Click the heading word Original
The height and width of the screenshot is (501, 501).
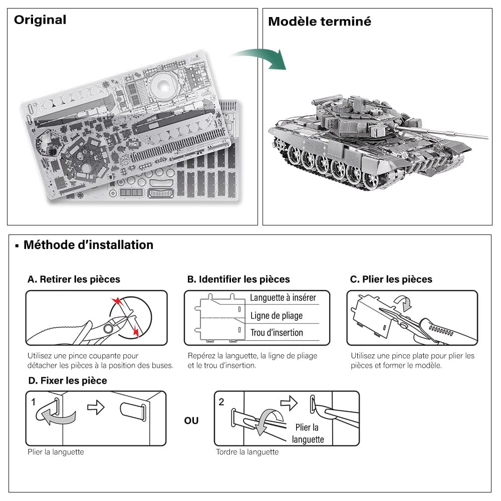click(x=40, y=20)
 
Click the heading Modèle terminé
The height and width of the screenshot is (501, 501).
click(x=319, y=22)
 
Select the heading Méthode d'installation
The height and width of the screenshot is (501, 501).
click(x=88, y=245)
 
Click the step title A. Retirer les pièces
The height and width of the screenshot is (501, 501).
click(x=74, y=279)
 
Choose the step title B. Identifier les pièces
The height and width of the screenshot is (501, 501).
click(x=238, y=279)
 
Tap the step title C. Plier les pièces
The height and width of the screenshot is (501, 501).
click(x=391, y=279)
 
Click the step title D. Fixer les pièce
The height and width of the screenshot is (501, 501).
click(x=68, y=381)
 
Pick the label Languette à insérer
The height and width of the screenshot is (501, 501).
click(x=283, y=298)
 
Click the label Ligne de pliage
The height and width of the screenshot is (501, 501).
click(x=277, y=316)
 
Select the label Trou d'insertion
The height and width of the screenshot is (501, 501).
click(x=277, y=333)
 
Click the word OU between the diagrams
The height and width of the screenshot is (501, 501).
click(x=191, y=421)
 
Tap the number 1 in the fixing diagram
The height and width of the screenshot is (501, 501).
click(x=33, y=402)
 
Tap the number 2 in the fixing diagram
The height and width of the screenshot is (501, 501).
click(x=221, y=402)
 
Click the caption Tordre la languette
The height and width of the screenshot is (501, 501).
click(x=247, y=452)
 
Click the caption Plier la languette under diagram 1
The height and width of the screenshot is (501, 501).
click(x=56, y=452)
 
